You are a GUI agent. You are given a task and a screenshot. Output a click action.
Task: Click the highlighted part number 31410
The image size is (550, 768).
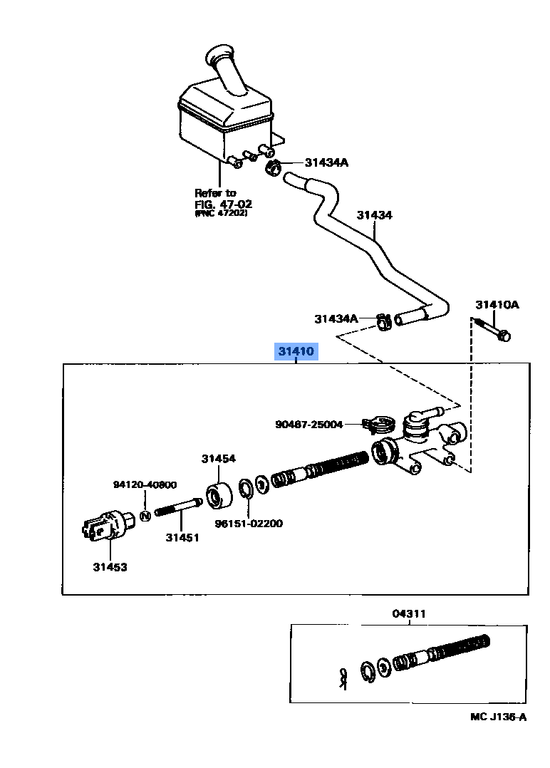[296, 351]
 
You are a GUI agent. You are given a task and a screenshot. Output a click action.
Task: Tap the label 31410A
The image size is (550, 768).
[497, 305]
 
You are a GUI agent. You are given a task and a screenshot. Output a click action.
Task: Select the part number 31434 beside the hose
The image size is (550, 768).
[374, 215]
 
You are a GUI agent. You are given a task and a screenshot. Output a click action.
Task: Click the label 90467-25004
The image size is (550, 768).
[308, 424]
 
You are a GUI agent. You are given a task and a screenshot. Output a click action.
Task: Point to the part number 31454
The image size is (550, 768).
[219, 459]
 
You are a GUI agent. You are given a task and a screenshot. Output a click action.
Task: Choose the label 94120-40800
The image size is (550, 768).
[145, 484]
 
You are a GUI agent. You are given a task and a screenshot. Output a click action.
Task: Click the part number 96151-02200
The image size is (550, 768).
[249, 523]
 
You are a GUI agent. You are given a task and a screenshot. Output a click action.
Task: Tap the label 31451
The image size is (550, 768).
[182, 537]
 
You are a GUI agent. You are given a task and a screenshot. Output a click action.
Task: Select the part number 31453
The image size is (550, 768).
[110, 566]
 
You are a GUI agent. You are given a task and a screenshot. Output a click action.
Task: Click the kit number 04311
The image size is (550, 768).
[409, 613]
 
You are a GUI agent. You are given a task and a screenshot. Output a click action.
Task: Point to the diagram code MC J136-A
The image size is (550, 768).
[499, 717]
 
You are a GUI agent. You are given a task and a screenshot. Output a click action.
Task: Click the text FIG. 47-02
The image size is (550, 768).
[223, 204]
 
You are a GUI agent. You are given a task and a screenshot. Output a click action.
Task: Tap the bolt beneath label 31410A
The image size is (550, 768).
[492, 330]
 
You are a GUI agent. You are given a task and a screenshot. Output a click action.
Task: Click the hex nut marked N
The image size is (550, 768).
[145, 515]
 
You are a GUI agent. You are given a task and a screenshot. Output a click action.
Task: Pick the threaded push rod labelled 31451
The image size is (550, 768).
[179, 507]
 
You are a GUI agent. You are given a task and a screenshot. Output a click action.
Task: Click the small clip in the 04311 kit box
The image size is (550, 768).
[343, 679]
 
